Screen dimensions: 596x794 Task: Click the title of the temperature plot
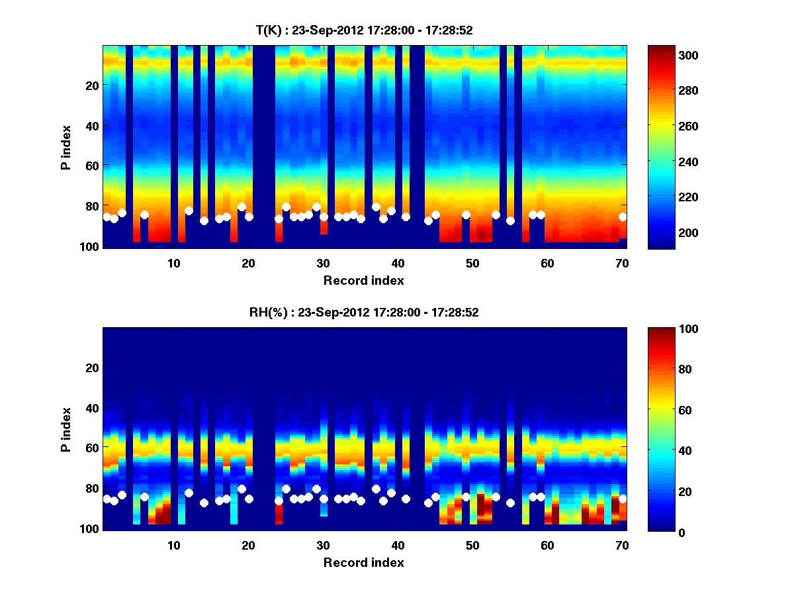364,30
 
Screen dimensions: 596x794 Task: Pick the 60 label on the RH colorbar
664,411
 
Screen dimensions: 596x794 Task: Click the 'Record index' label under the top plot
364,281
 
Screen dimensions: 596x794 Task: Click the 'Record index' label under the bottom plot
364,563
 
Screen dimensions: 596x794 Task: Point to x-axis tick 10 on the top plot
173,263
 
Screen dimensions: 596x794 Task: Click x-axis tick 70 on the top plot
623,263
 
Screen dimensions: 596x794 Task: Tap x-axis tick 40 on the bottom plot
398,545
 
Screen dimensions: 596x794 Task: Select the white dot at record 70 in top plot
623,217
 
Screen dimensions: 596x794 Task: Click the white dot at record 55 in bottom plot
510,503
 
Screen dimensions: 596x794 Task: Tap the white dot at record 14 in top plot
204,221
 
